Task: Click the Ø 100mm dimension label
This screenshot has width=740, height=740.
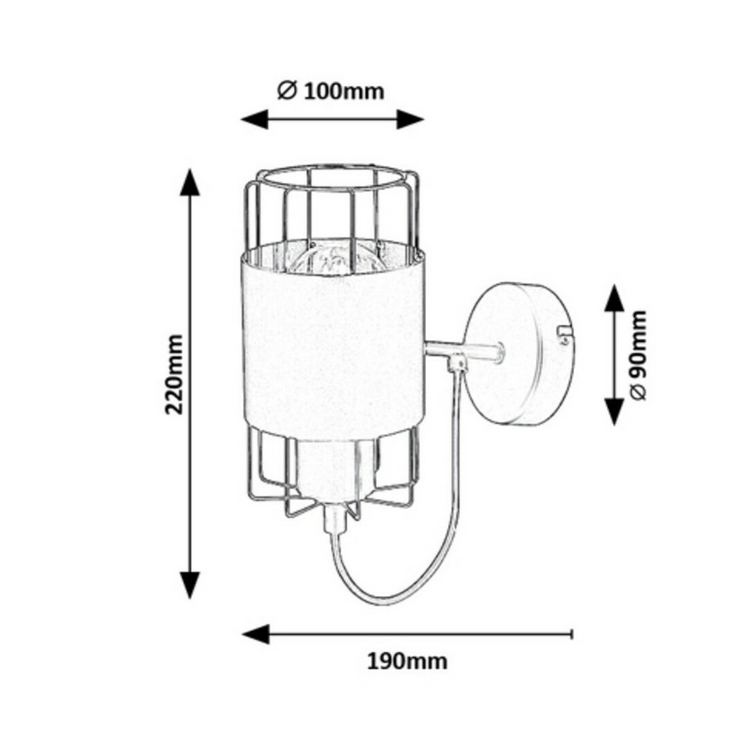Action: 330,91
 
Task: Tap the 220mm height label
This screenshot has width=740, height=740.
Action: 174,374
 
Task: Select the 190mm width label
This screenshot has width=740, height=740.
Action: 407,661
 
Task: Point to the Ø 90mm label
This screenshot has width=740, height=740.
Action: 637,355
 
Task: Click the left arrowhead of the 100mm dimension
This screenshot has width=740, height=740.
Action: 255,119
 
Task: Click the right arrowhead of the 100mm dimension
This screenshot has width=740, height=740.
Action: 410,119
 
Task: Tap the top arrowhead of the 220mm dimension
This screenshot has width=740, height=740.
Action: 190,182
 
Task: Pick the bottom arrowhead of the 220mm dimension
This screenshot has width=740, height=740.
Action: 190,585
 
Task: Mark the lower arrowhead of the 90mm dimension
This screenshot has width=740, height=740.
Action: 614,411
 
